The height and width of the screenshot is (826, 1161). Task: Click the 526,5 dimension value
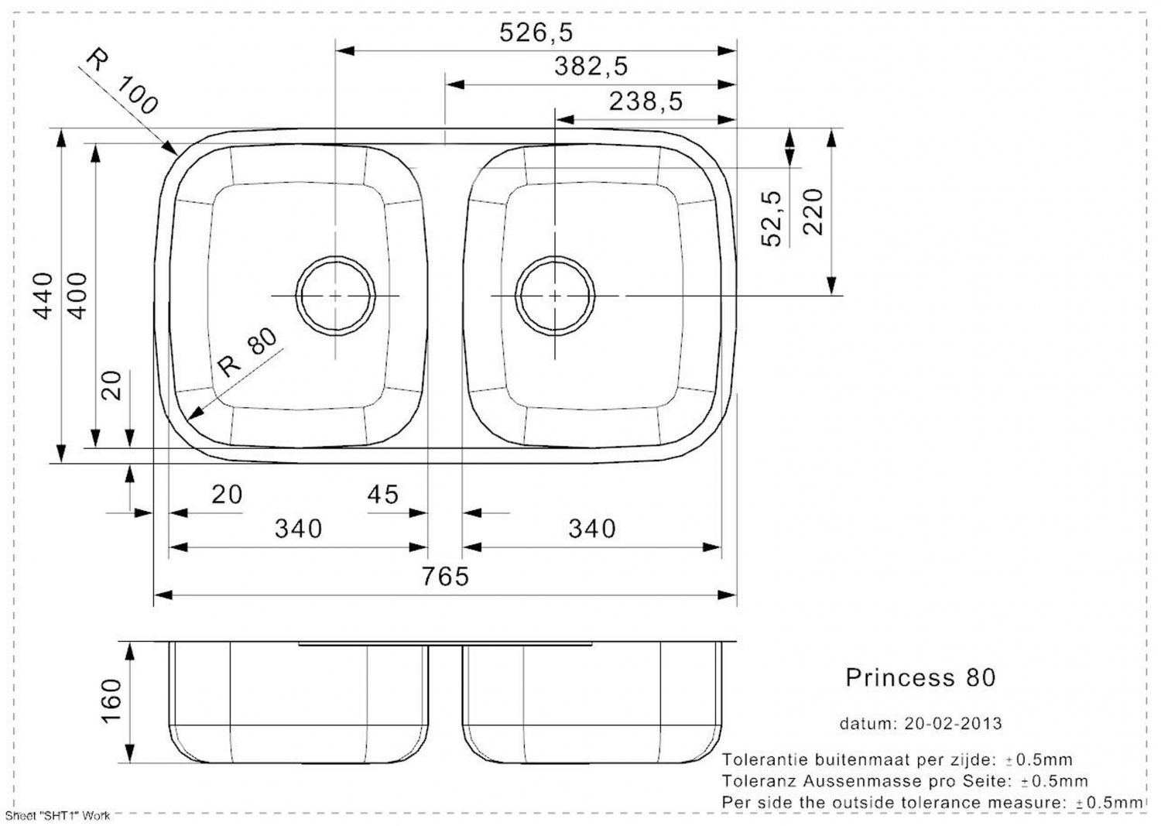(x=536, y=33)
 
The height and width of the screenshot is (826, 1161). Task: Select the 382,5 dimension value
(x=591, y=67)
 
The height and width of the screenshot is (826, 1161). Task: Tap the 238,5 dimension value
(x=646, y=101)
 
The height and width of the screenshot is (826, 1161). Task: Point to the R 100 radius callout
(x=122, y=81)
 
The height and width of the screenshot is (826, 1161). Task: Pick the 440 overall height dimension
(x=43, y=296)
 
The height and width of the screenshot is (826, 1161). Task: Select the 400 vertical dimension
(x=77, y=296)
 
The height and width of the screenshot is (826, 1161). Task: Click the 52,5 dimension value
(x=771, y=218)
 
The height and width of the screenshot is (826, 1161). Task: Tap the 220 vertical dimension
(x=813, y=211)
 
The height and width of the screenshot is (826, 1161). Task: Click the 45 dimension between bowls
(x=382, y=495)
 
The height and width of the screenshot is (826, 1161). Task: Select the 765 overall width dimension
(x=445, y=577)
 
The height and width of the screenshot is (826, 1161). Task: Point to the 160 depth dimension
(x=111, y=700)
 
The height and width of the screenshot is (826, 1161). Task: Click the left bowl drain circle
(x=335, y=296)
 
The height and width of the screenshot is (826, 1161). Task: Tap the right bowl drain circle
(x=555, y=296)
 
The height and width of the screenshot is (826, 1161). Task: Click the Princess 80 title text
(x=920, y=677)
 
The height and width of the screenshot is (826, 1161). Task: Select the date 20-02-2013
(x=953, y=723)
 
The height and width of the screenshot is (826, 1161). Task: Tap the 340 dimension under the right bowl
(x=592, y=529)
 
